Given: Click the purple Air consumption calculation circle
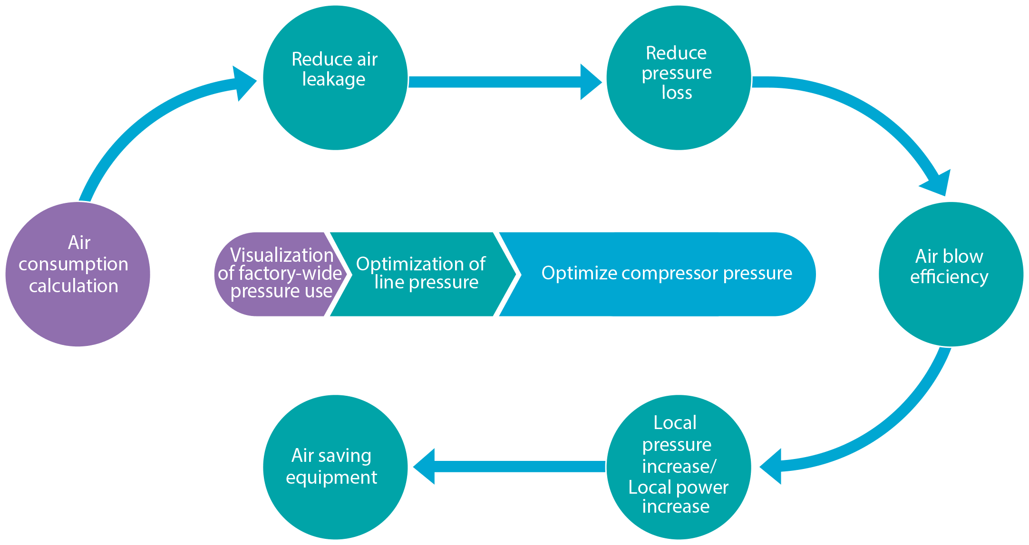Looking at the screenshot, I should pos(78,274).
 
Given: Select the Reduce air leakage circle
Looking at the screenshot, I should pos(335,78).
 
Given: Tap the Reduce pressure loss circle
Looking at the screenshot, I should pos(679,78).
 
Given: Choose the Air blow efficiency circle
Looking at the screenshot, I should pos(951,274).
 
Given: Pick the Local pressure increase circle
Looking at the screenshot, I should pos(679,467).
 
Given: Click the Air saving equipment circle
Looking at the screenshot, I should pos(335,467).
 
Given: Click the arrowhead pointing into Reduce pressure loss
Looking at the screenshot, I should pos(591,82).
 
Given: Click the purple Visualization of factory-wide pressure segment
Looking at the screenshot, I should pos(276,274).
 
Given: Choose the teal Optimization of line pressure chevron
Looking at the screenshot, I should pos(421,274).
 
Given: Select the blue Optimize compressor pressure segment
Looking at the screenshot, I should pos(666,274).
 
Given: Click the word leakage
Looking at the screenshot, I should pos(334,79).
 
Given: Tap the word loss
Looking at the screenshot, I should pos(677,93).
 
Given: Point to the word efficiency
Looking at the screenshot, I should pos(949,277).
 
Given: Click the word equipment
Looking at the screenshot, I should pos(331,478).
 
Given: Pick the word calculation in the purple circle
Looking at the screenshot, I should pos(74,286).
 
